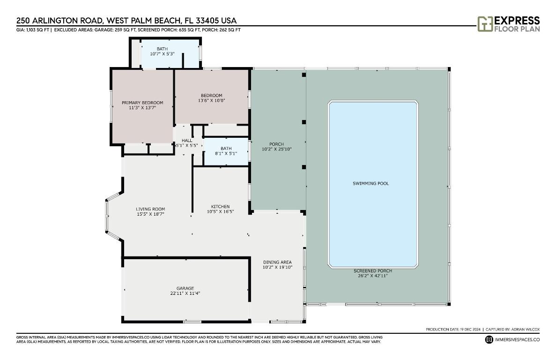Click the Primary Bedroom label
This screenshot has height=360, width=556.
[142, 103]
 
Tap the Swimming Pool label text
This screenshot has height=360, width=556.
[371, 183]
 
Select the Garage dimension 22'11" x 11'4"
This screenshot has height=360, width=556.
[182, 293]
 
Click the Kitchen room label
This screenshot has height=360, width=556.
[220, 207]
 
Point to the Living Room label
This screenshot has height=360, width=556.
[150, 209]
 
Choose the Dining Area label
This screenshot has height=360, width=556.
[277, 262]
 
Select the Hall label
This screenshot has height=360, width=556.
[187, 140]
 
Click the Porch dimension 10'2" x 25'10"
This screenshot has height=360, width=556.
[276, 149]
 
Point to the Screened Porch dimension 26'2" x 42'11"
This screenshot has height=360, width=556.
[373, 276]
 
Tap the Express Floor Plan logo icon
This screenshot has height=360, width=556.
[484, 24]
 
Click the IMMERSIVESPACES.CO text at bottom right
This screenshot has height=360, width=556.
[517, 339]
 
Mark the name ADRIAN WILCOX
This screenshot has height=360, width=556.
[524, 329]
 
